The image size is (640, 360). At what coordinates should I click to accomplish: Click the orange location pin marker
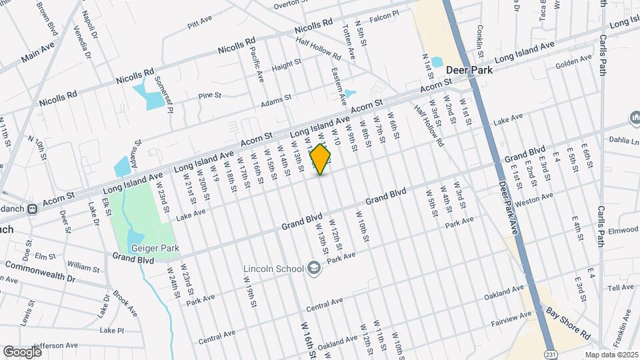tap(321, 159)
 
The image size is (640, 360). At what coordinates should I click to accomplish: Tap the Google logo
tap(22, 351)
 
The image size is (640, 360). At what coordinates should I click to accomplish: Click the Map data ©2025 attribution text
tap(611, 355)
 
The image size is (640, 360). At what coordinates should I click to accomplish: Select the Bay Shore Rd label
tap(568, 322)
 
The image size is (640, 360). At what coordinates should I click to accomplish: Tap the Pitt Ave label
tap(199, 24)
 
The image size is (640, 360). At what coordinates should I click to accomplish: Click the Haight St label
tap(287, 67)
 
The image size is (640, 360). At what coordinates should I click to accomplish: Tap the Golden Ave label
tap(574, 61)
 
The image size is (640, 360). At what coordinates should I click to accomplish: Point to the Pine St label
tap(209, 96)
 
